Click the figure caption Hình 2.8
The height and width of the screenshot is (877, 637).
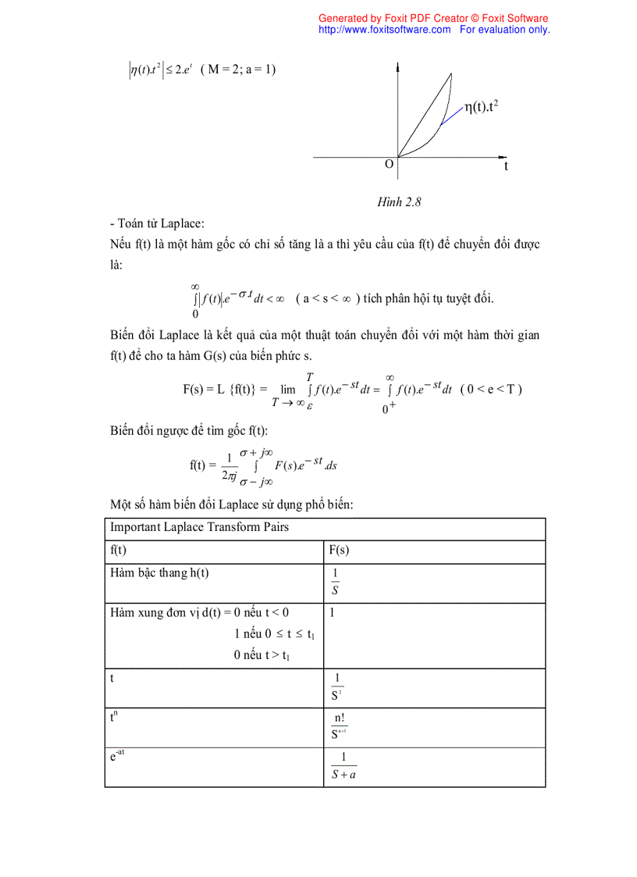pos(399,202)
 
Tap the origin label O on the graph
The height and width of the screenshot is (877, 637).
pos(389,164)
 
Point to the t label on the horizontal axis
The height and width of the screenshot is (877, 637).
pos(506,166)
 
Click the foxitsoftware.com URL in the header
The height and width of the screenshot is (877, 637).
pos(384,30)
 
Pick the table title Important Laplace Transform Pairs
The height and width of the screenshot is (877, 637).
pos(199,527)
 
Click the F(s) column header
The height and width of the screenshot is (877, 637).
pos(339,551)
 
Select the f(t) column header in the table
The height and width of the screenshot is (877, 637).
pos(119,551)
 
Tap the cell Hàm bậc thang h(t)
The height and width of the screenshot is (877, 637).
pos(160,573)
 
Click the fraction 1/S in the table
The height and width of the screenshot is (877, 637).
pos(335,582)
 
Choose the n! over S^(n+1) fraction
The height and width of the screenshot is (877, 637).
pos(339,727)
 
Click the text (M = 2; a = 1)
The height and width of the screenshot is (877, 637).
pos(238,70)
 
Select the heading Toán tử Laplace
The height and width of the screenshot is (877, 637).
pos(157,223)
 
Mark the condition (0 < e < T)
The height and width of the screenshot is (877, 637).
pos(491,389)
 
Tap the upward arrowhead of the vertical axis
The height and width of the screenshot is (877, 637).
pos(399,70)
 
